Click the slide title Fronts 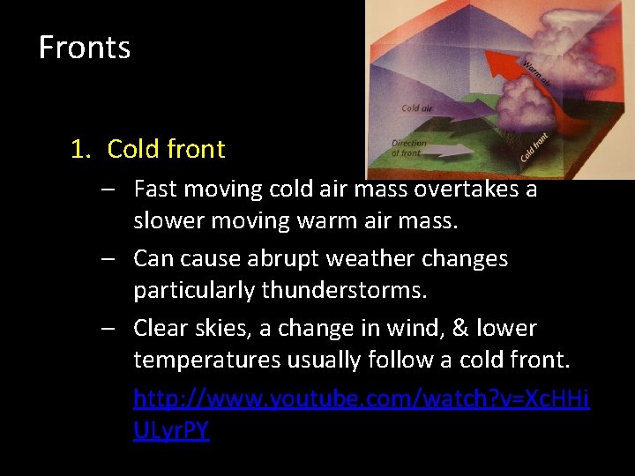coord(85,47)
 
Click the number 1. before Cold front coord(81,149)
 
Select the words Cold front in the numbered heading coord(166,149)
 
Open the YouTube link coord(362,399)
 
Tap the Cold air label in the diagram coord(416,108)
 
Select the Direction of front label coord(408,148)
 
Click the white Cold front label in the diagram coord(534,146)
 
